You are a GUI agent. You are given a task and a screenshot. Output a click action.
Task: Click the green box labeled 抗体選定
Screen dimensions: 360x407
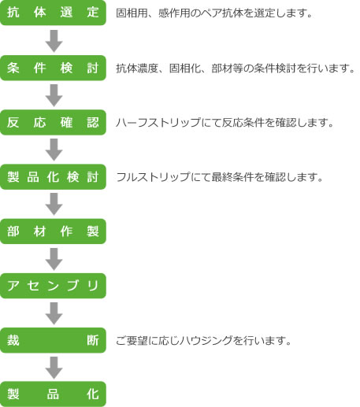(53, 13)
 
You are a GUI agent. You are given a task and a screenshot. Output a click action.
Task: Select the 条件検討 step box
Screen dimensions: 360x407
(53, 68)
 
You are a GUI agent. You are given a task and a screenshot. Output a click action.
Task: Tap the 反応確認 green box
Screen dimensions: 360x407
(53, 123)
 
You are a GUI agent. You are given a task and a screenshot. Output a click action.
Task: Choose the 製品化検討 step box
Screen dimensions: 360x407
(53, 177)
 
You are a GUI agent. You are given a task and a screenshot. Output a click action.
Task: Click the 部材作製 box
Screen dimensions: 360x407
(53, 231)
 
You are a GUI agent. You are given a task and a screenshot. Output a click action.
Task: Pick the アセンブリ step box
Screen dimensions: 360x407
(53, 286)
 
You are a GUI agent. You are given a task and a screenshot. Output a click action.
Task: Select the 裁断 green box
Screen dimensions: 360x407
(53, 340)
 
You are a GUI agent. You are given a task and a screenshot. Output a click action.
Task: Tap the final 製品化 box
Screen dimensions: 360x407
(53, 394)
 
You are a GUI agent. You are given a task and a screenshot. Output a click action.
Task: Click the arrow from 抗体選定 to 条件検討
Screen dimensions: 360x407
(54, 41)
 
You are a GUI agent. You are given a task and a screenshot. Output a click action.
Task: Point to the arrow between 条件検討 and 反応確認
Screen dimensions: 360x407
(54, 95)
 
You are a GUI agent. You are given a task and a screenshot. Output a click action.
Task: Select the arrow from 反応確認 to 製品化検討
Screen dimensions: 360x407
(54, 150)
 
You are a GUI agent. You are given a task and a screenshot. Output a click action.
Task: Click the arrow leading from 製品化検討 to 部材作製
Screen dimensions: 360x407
(54, 204)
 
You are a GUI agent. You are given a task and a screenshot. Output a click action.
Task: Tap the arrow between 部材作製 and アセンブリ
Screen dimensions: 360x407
(54, 259)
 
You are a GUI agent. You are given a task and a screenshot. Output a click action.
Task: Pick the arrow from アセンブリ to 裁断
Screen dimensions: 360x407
(54, 313)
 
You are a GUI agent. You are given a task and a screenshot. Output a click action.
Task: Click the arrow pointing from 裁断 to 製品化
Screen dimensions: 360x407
(54, 368)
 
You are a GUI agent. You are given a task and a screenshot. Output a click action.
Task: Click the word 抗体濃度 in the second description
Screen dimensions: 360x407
(137, 68)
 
